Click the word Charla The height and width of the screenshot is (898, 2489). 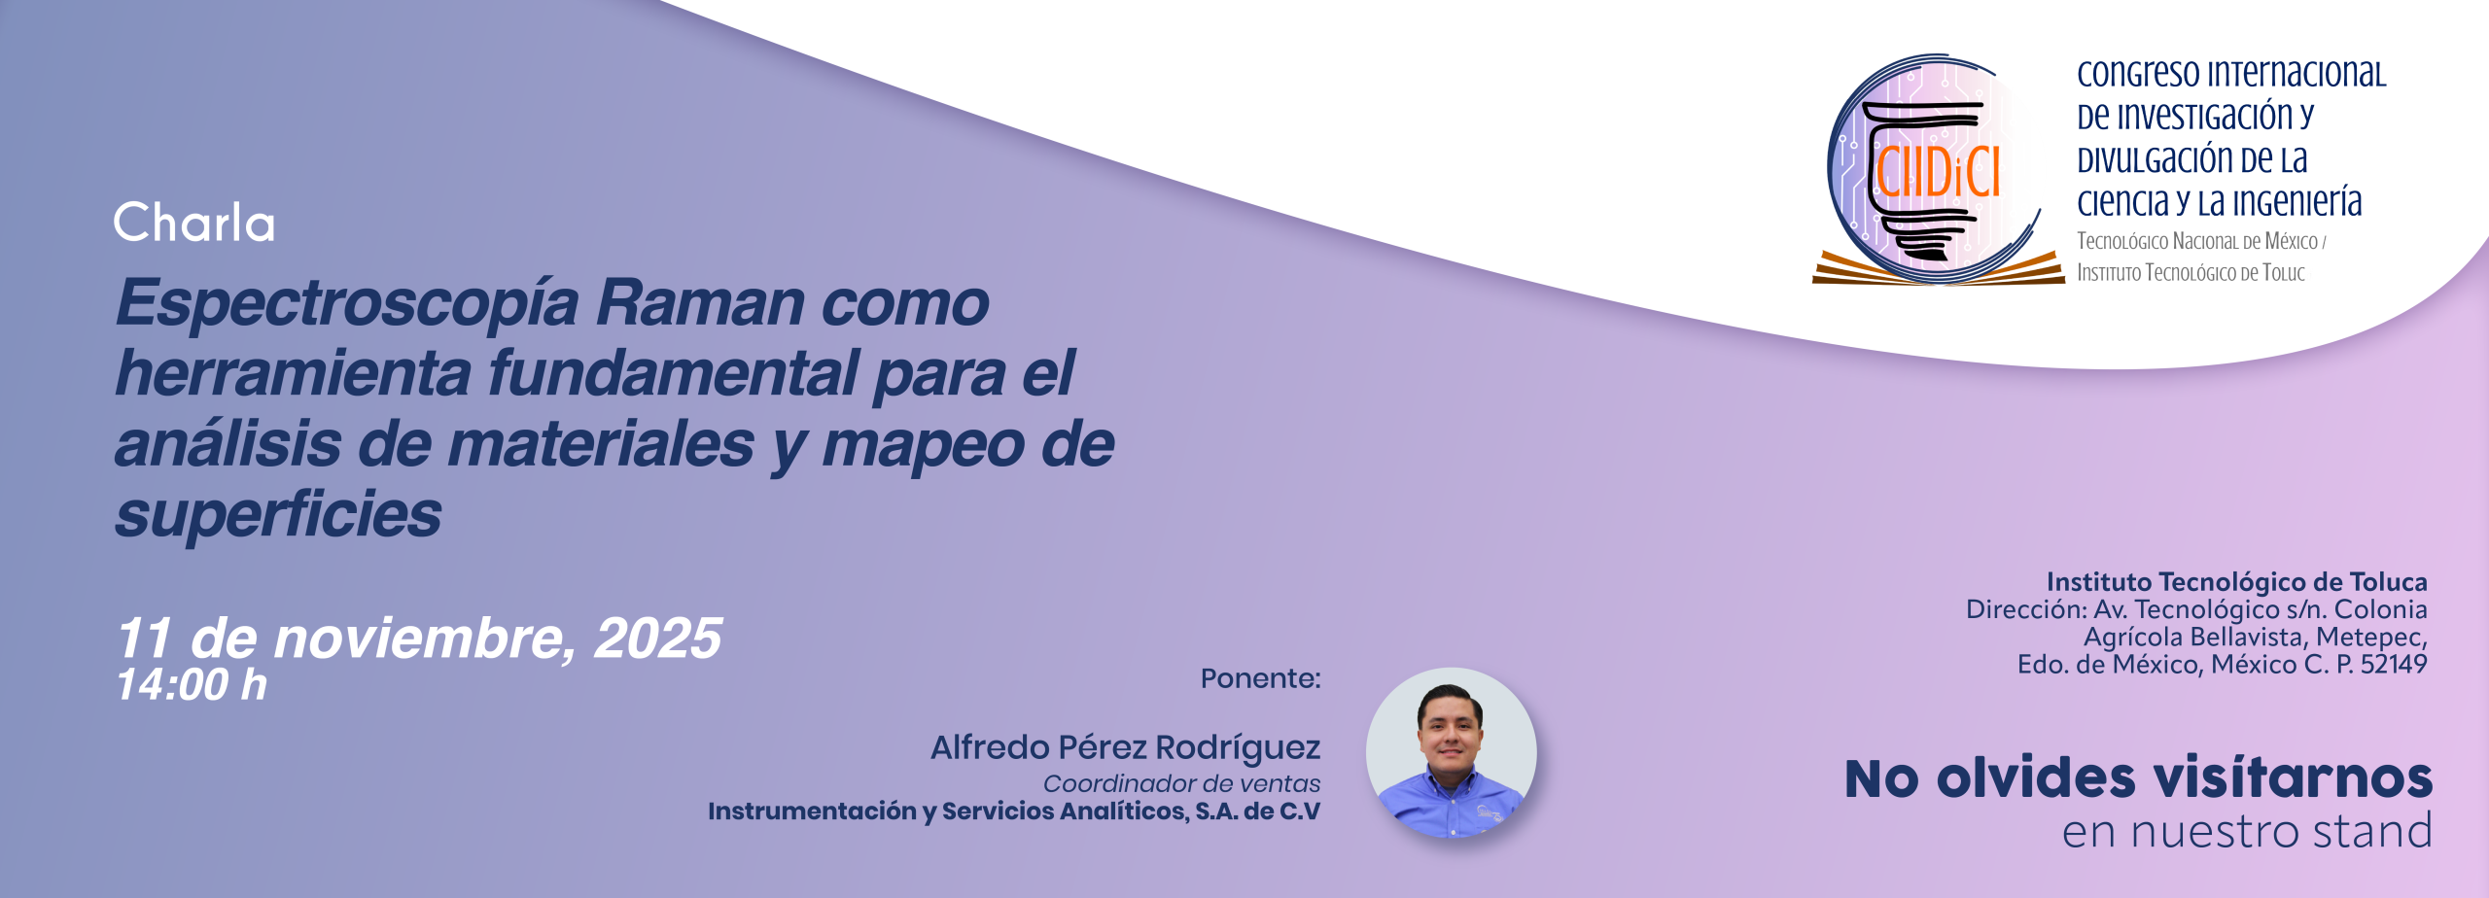point(194,223)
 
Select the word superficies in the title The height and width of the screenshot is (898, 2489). point(278,514)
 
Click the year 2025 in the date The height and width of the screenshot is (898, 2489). point(657,639)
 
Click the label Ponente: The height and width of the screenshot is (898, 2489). point(1260,678)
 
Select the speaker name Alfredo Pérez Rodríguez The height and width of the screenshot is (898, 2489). point(1125,747)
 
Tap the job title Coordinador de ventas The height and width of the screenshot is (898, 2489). point(1181,783)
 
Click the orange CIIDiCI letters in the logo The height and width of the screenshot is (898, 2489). point(1937,173)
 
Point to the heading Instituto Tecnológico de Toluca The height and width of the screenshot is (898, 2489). point(2236,582)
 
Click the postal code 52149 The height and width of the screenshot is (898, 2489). point(2393,665)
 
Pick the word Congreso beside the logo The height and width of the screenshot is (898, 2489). point(2137,74)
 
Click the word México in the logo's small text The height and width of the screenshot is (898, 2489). point(2291,241)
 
